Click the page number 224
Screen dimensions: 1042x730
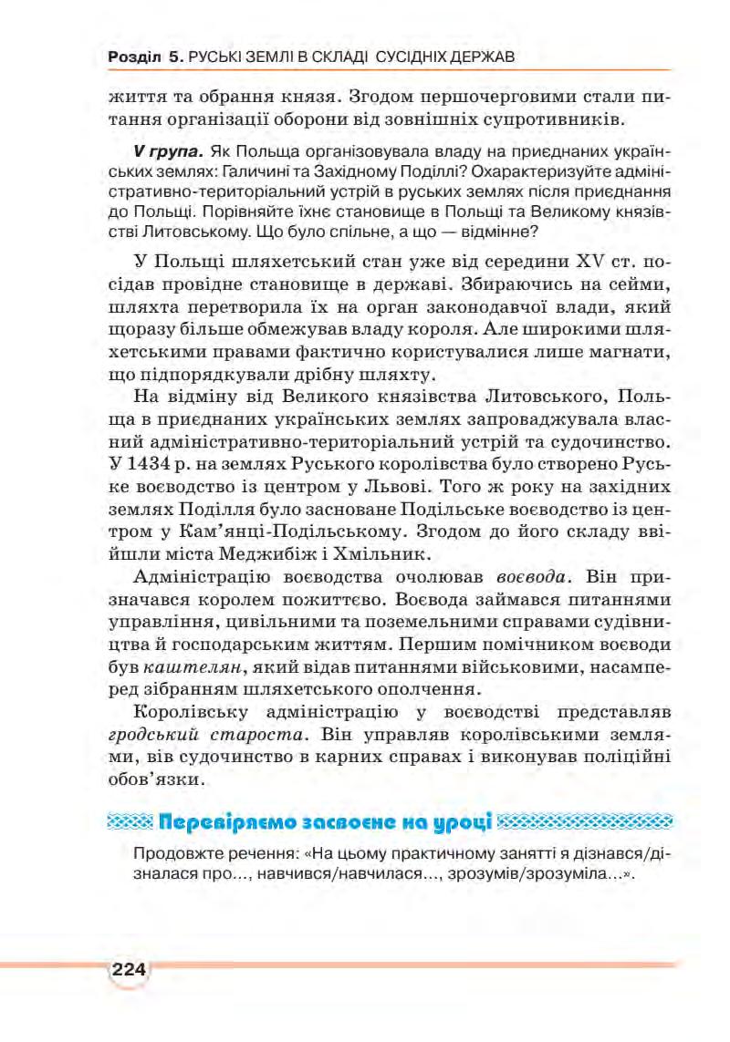(129, 969)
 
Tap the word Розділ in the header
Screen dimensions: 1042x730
(134, 57)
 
